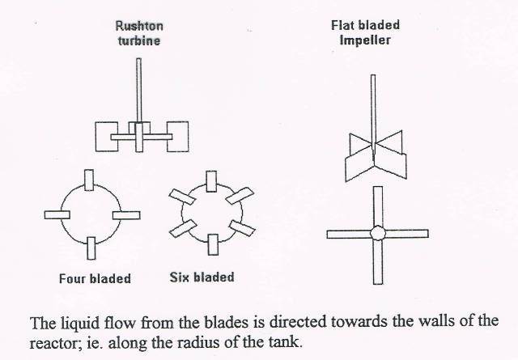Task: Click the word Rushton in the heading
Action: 139,26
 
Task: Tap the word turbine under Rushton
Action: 139,40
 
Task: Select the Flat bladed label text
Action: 365,25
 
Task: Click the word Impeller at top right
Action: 365,40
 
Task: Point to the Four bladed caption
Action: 96,279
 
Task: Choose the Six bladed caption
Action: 202,277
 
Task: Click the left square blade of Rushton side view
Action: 106,137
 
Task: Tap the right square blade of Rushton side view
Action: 178,137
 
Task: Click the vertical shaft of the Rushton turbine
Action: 138,91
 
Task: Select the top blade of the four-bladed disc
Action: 89,180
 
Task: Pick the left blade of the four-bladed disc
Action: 57,215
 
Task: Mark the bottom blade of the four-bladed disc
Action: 91,248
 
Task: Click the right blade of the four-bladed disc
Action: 126,215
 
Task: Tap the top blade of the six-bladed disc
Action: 211,181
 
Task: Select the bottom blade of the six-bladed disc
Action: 213,245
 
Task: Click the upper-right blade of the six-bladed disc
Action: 240,196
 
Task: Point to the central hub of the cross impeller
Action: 378,233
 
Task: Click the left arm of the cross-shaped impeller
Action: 349,234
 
